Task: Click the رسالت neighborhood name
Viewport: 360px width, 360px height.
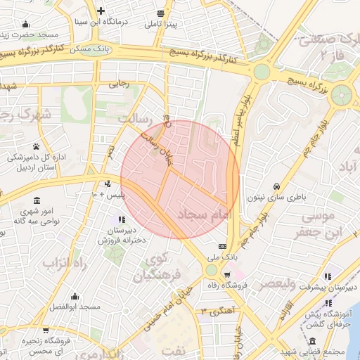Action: click(x=135, y=118)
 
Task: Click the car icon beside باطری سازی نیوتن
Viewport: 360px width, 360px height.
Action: click(x=277, y=187)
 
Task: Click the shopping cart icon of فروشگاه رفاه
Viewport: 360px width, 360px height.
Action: click(x=226, y=274)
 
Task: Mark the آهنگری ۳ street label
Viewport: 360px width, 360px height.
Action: click(x=217, y=309)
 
